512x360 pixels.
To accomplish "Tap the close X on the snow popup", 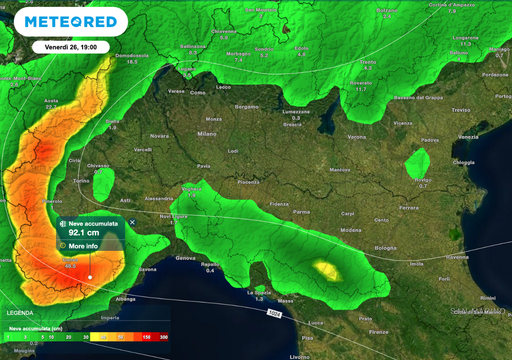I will pos(132,223).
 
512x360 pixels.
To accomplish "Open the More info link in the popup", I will pos(83,245).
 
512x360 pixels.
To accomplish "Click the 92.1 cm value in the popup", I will pos(89,233).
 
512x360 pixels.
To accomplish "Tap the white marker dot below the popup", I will pos(90,278).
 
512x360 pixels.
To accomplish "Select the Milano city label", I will pos(207,133).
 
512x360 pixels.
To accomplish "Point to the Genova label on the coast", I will pos(186,258).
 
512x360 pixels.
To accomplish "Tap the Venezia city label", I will pos(468,137).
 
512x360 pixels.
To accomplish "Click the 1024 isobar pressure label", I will pos(273,313).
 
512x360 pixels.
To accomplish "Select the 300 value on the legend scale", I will pos(163,338).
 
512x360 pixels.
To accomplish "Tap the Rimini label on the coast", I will pos(488,298).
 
